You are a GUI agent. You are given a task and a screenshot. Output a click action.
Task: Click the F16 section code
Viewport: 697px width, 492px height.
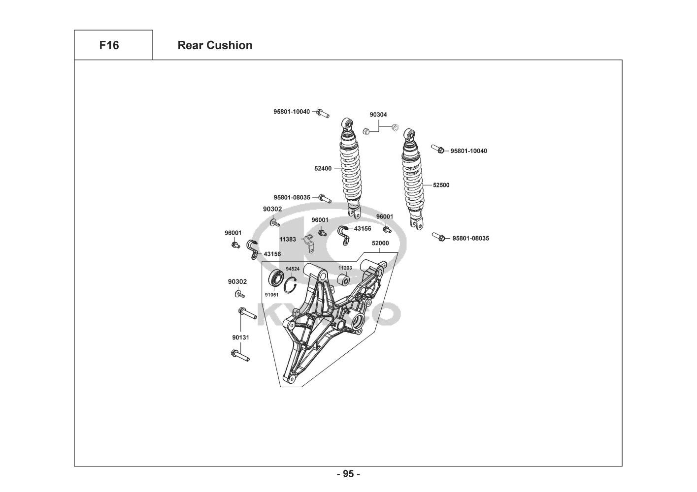(x=109, y=45)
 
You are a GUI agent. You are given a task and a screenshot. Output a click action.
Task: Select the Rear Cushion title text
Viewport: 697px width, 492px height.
(x=215, y=45)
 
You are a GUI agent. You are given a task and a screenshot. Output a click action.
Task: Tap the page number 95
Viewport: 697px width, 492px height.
(x=348, y=474)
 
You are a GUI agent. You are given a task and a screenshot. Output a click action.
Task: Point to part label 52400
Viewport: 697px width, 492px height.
(x=323, y=168)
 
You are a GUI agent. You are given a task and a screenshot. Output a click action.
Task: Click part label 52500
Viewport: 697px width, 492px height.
(x=441, y=185)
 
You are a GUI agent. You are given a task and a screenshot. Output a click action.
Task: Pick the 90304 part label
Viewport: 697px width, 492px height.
(x=378, y=115)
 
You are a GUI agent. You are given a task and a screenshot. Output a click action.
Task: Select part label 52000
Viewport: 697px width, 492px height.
(x=380, y=243)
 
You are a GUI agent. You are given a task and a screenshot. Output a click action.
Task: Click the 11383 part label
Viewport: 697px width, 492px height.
(x=288, y=239)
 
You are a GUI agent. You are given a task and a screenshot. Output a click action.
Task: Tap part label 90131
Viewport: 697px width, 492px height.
(x=241, y=338)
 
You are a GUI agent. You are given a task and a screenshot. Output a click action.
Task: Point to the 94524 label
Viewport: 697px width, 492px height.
(x=293, y=269)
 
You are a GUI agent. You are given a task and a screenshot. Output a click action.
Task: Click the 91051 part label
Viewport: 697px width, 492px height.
(x=271, y=295)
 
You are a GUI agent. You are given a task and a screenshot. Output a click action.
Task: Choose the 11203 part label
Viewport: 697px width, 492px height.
(x=345, y=268)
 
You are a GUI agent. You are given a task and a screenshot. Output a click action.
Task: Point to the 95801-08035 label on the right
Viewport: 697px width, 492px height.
(x=470, y=239)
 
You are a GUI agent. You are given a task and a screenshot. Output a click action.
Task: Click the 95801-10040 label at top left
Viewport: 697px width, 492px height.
(x=292, y=112)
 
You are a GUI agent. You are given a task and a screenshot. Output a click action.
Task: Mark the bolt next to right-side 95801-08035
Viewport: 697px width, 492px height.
(x=439, y=237)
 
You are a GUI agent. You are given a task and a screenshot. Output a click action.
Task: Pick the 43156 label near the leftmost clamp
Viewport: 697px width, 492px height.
(x=272, y=254)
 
